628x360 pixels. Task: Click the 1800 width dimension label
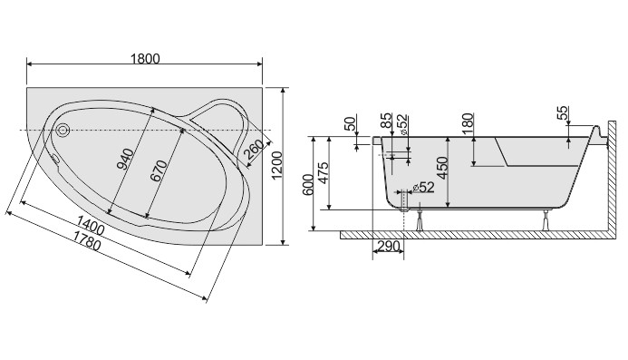click(145, 59)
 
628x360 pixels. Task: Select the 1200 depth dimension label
click(277, 166)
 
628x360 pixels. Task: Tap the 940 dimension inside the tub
click(127, 160)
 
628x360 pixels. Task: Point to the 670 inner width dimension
click(159, 170)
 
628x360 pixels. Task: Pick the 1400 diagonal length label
click(91, 225)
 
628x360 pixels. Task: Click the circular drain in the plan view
click(63, 130)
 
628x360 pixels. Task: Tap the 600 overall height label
click(308, 184)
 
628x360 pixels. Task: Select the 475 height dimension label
click(323, 172)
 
